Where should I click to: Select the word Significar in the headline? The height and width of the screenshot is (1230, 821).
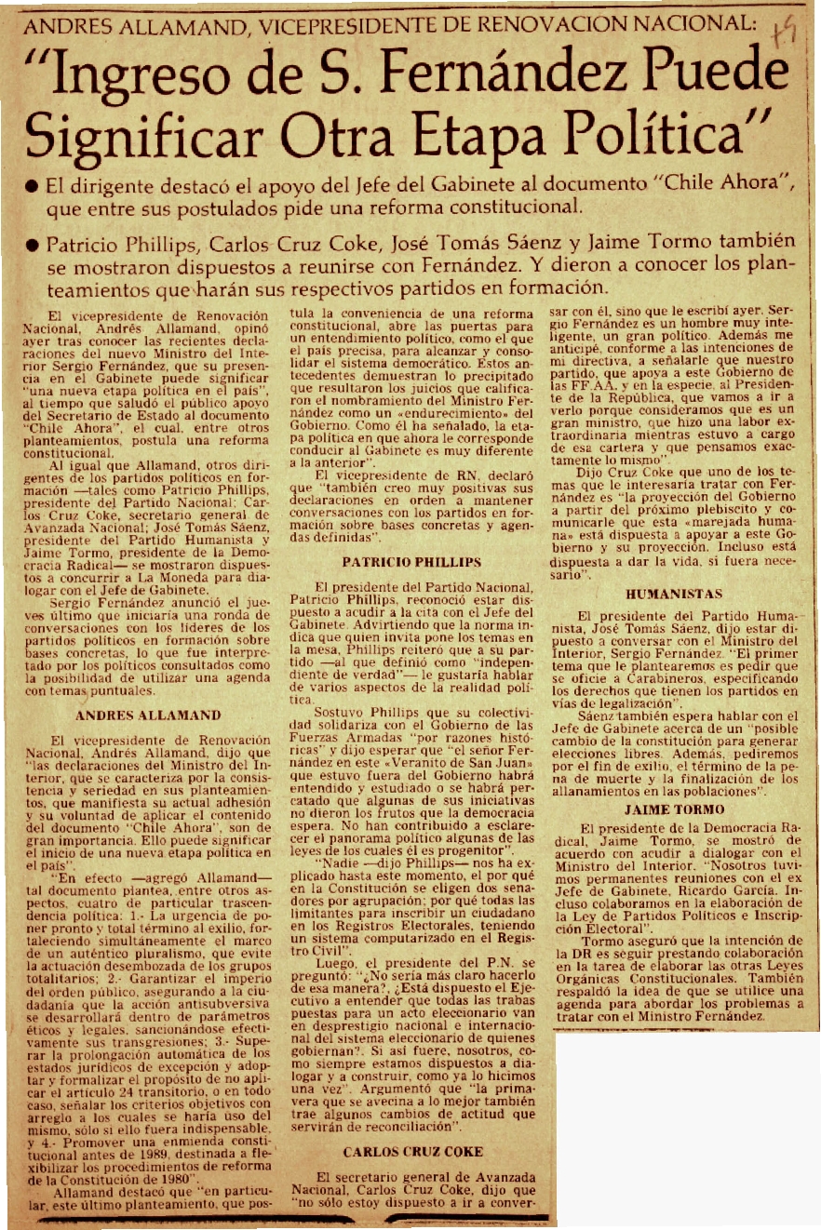click(145, 138)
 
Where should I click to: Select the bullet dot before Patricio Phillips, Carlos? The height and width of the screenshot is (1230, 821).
click(33, 246)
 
